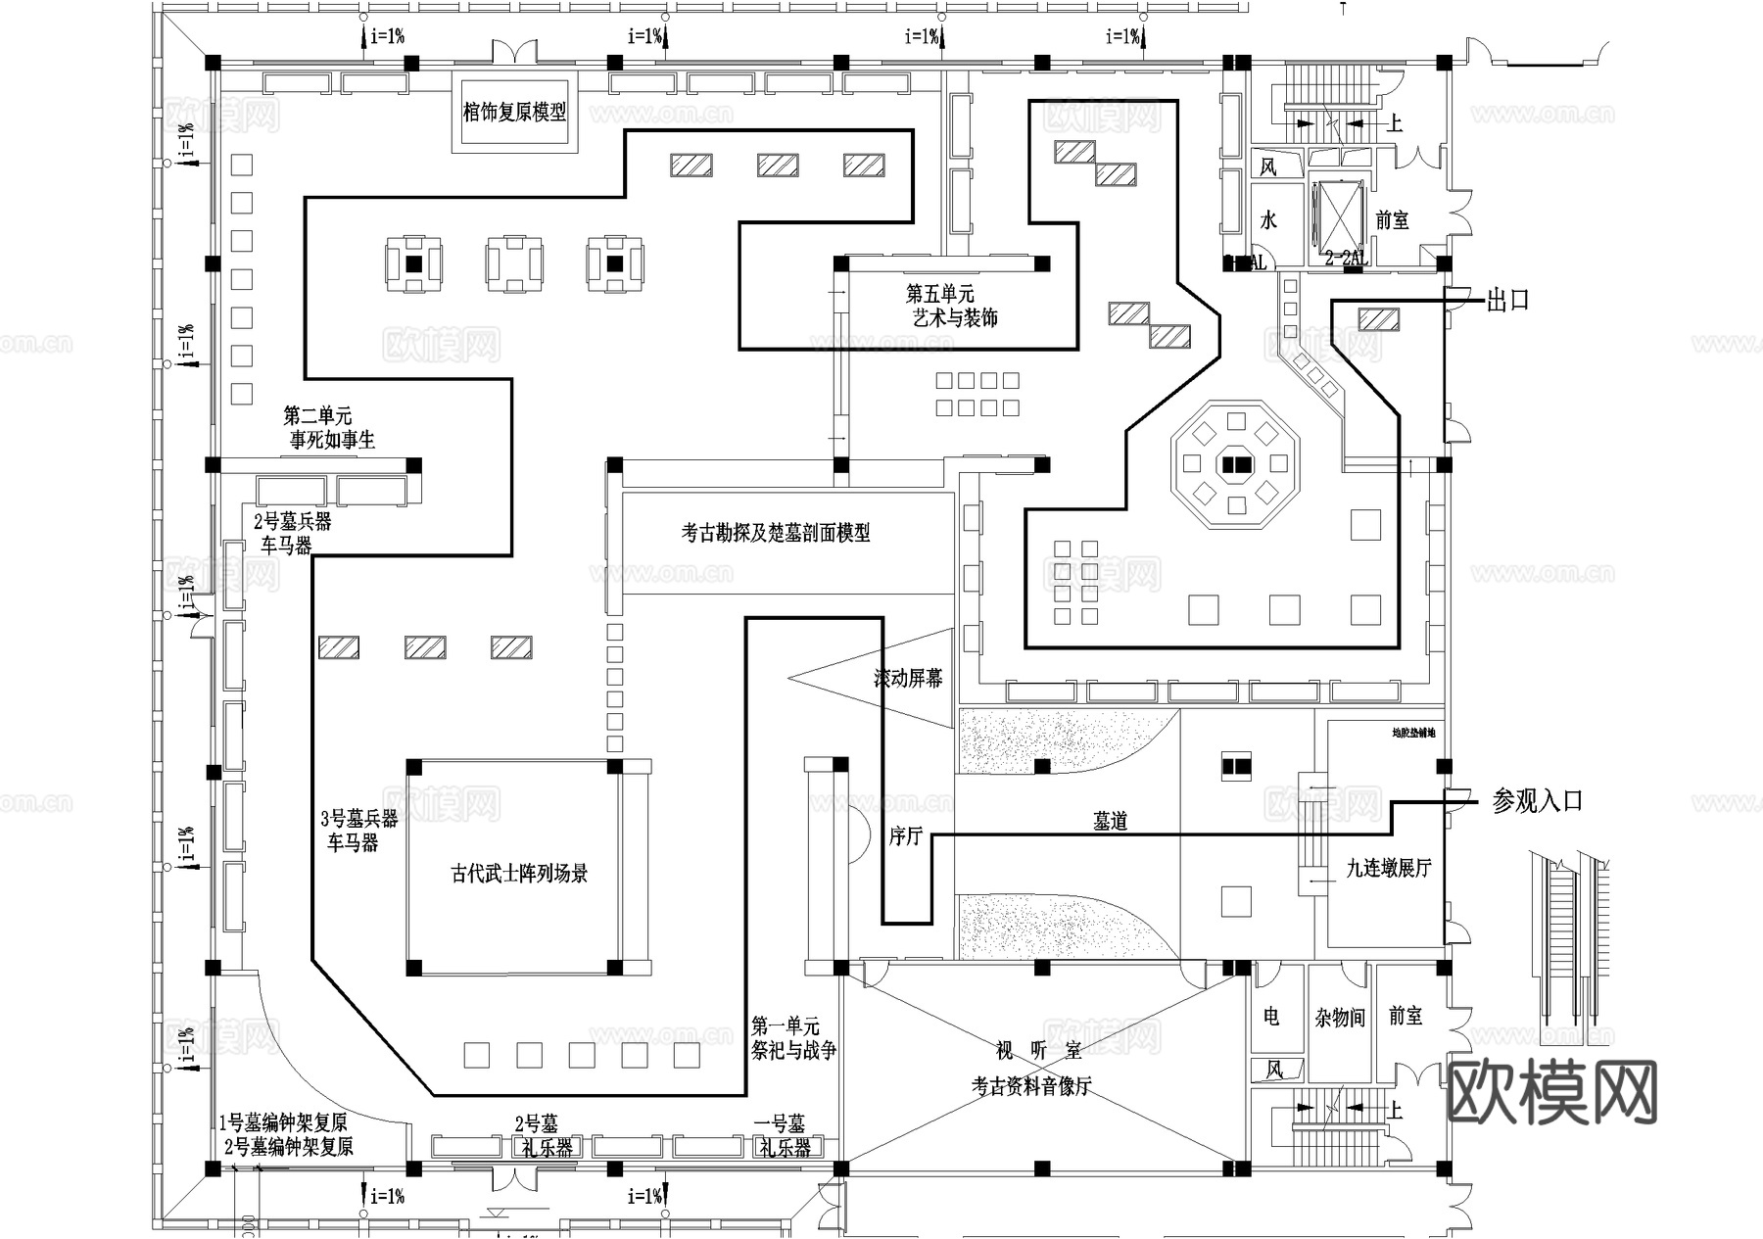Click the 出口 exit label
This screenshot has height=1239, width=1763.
(x=1507, y=301)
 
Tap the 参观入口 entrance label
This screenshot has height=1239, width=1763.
(x=1537, y=801)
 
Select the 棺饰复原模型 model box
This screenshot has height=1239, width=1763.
(x=514, y=112)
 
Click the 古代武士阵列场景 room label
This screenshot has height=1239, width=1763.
(x=519, y=874)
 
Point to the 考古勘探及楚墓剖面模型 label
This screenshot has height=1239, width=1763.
(x=776, y=533)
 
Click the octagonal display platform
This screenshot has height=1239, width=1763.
(x=1236, y=463)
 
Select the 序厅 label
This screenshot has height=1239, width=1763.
(x=906, y=836)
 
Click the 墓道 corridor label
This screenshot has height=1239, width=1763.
(x=1110, y=822)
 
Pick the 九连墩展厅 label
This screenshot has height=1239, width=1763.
(x=1388, y=868)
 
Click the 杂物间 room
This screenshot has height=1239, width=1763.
(x=1339, y=1019)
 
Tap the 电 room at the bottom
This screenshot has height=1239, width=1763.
(x=1271, y=1017)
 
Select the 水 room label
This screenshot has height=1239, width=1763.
(x=1268, y=219)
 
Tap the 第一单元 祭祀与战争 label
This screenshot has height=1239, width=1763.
(x=793, y=1038)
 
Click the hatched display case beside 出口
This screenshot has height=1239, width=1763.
(x=1378, y=318)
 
